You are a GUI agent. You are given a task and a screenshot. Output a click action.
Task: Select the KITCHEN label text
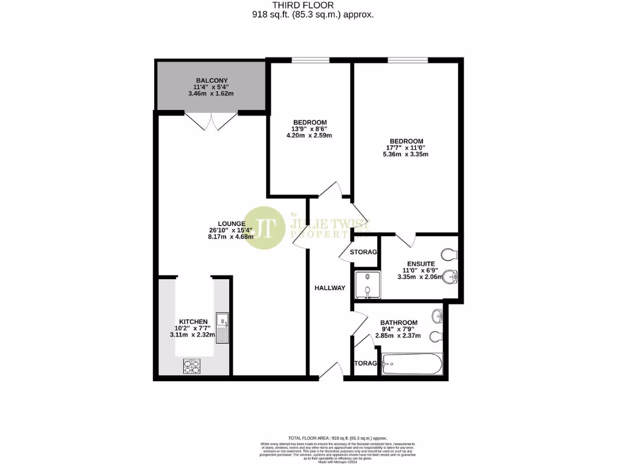pyautogui.click(x=193, y=321)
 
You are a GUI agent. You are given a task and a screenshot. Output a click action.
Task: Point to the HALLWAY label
pyautogui.click(x=329, y=288)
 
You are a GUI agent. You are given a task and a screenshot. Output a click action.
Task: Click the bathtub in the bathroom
pyautogui.click(x=412, y=364)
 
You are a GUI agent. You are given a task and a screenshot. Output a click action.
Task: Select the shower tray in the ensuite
pyautogui.click(x=368, y=285)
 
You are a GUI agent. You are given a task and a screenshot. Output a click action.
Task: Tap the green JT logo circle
pyautogui.click(x=264, y=228)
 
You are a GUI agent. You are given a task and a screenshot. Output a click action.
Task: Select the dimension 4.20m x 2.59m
pyautogui.click(x=309, y=135)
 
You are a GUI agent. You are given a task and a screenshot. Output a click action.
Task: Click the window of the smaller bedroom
pyautogui.click(x=310, y=60)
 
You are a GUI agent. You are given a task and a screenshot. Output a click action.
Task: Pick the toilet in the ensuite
pyautogui.click(x=449, y=253)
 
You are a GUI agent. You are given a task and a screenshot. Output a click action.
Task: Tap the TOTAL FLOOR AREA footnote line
pyautogui.click(x=337, y=438)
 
